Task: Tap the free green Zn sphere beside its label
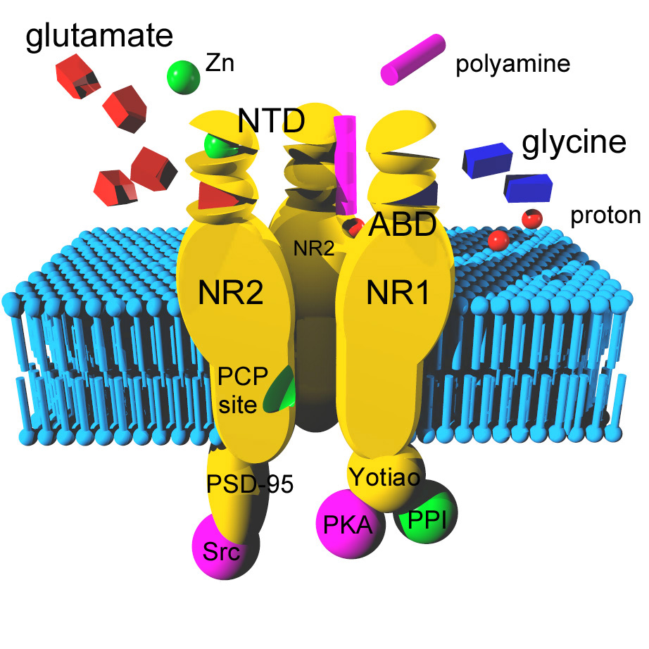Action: click(184, 75)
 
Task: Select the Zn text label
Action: click(220, 64)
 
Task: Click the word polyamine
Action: click(512, 65)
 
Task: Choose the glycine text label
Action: click(574, 143)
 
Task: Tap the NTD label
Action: click(271, 121)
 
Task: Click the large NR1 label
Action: click(398, 294)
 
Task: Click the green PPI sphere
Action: click(427, 519)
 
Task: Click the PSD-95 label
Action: click(249, 484)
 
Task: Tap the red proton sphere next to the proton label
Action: click(531, 218)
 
